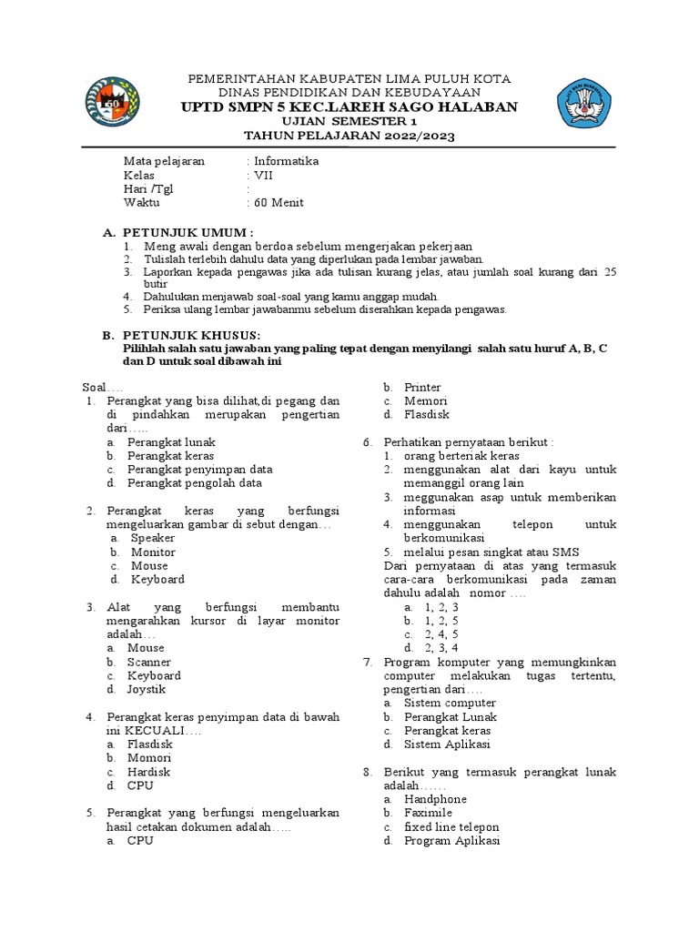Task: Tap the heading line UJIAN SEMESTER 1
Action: [350, 122]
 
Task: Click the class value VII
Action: [263, 175]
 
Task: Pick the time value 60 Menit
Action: [279, 203]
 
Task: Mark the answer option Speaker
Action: [152, 538]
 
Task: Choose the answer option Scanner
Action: [149, 662]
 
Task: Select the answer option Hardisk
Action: [149, 772]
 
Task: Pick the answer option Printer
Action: [422, 388]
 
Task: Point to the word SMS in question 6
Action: [564, 552]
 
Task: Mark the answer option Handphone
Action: [435, 799]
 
